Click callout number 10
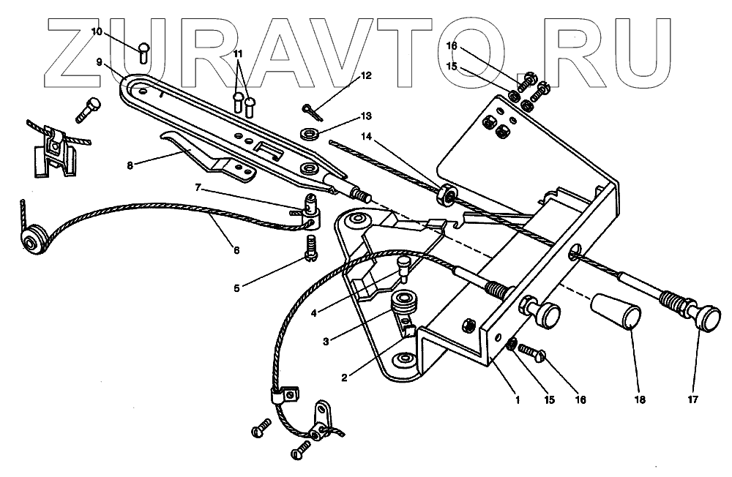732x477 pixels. (x=97, y=31)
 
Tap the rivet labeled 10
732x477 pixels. (x=143, y=51)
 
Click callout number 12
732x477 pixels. (x=366, y=75)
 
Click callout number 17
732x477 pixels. (x=693, y=399)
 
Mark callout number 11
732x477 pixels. (x=238, y=54)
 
